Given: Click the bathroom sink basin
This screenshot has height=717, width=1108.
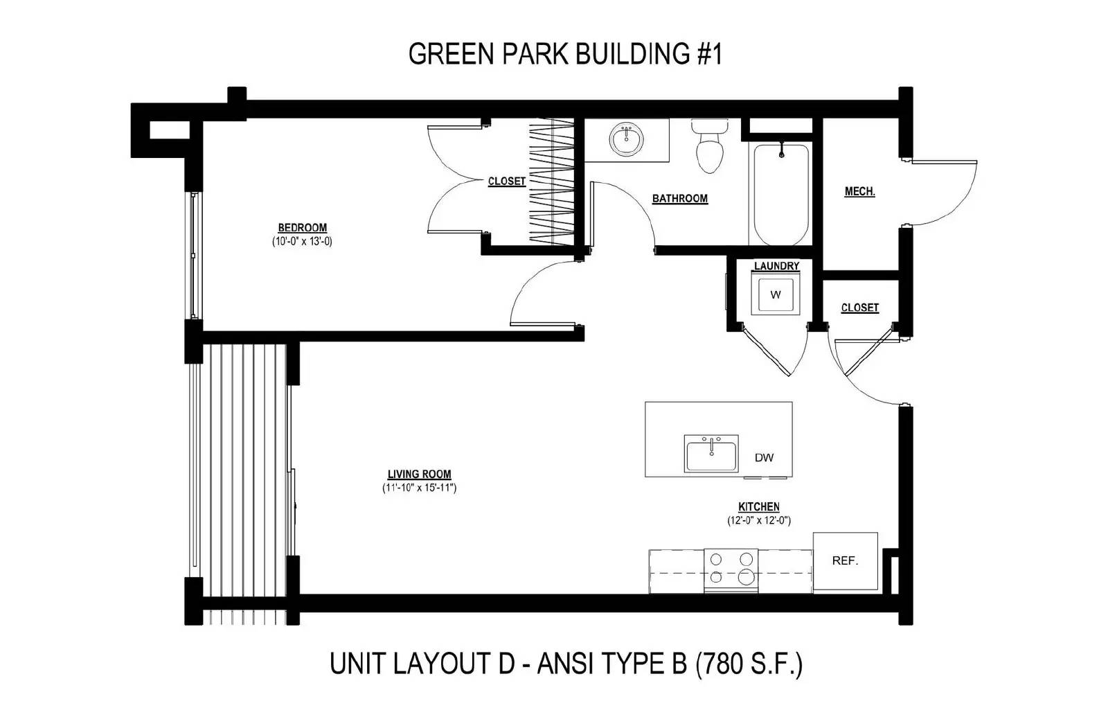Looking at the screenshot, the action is [627, 139].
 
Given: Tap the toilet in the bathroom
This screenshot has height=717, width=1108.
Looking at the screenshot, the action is [710, 145].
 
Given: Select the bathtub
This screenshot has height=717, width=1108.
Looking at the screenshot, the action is [781, 193].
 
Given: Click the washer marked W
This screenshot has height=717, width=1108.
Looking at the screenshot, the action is [776, 294].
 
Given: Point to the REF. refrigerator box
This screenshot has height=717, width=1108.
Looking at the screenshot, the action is [846, 560].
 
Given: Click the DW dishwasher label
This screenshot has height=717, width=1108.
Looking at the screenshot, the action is [765, 458].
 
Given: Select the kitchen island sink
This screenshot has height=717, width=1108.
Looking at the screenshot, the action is [711, 454].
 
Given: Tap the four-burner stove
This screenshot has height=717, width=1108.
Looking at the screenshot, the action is [731, 571].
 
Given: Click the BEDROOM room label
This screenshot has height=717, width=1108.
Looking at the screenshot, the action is [302, 228].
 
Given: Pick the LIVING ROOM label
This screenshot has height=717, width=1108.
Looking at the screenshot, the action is [420, 474].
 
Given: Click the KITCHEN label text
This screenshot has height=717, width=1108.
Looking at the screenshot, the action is [759, 506].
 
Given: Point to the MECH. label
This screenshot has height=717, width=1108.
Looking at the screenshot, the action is [859, 191].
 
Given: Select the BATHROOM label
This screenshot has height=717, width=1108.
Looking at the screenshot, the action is [680, 198].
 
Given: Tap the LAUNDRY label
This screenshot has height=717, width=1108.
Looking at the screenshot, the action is [776, 266].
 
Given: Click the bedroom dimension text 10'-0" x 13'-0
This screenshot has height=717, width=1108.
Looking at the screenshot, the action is [302, 242].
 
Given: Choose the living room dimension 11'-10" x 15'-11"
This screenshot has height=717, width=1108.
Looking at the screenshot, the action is [420, 488].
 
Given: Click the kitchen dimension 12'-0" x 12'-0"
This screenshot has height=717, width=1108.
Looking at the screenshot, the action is [759, 520].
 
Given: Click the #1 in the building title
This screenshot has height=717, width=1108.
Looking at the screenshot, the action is [710, 53].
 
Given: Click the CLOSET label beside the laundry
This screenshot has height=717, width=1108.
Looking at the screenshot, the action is [860, 308].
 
